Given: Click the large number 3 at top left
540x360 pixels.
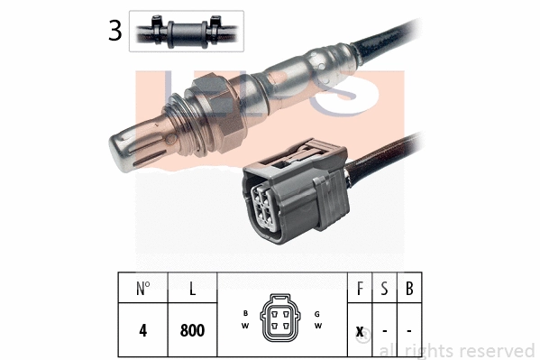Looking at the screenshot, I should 114,31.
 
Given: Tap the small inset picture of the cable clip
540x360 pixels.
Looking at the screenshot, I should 186,30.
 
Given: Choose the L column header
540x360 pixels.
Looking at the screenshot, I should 193,291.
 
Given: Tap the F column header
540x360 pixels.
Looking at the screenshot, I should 359,291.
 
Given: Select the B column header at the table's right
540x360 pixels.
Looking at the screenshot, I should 409,291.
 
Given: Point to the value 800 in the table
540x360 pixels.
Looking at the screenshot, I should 193,330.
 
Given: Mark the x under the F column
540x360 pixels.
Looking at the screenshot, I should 359,331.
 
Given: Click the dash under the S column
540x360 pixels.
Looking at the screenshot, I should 384,331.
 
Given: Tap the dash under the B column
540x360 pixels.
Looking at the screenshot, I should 409,331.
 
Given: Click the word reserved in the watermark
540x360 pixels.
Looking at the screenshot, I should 496,350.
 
